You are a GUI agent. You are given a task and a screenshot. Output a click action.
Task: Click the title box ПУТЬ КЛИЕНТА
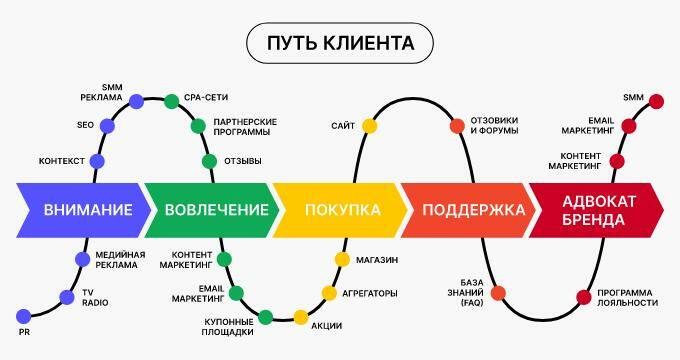pyautogui.click(x=340, y=44)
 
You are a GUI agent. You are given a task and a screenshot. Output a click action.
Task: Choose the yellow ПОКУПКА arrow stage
pyautogui.click(x=341, y=210)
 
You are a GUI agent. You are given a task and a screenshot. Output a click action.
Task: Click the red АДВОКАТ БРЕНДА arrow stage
pyautogui.click(x=598, y=210)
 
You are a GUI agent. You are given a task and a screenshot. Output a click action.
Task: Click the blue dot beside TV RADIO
pyautogui.click(x=67, y=296)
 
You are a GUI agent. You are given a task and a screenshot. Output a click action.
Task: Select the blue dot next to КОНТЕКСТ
pyautogui.click(x=97, y=161)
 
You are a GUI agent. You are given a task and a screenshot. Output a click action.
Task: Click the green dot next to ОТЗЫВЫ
pyautogui.click(x=209, y=161)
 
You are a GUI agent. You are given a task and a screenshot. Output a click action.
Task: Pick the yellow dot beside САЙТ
pyautogui.click(x=369, y=125)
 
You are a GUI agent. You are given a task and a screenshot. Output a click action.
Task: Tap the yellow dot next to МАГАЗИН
pyautogui.click(x=342, y=260)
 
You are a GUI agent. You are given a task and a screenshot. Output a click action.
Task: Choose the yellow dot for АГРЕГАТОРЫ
pyautogui.click(x=329, y=293)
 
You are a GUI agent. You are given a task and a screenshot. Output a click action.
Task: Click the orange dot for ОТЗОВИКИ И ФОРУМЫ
pyautogui.click(x=457, y=125)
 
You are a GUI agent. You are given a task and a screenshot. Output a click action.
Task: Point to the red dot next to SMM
pyautogui.click(x=657, y=99)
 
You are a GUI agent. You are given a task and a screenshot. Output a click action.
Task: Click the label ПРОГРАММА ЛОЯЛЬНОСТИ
pyautogui.click(x=628, y=297)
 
